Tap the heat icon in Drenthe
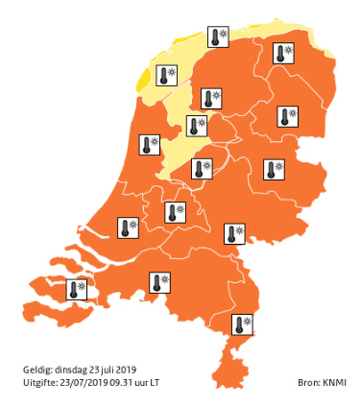click(286, 115)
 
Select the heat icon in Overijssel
click(274, 168)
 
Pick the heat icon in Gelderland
click(233, 232)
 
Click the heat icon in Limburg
click(244, 324)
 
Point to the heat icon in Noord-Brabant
click(159, 282)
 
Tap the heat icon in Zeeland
click(76, 288)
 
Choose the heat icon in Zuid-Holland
click(127, 227)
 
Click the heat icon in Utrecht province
click(176, 211)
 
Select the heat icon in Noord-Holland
click(150, 144)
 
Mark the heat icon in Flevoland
click(201, 169)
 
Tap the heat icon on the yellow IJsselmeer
click(196, 126)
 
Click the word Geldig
click(36, 370)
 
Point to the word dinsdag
click(73, 370)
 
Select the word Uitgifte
click(38, 382)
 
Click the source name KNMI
click(333, 382)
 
